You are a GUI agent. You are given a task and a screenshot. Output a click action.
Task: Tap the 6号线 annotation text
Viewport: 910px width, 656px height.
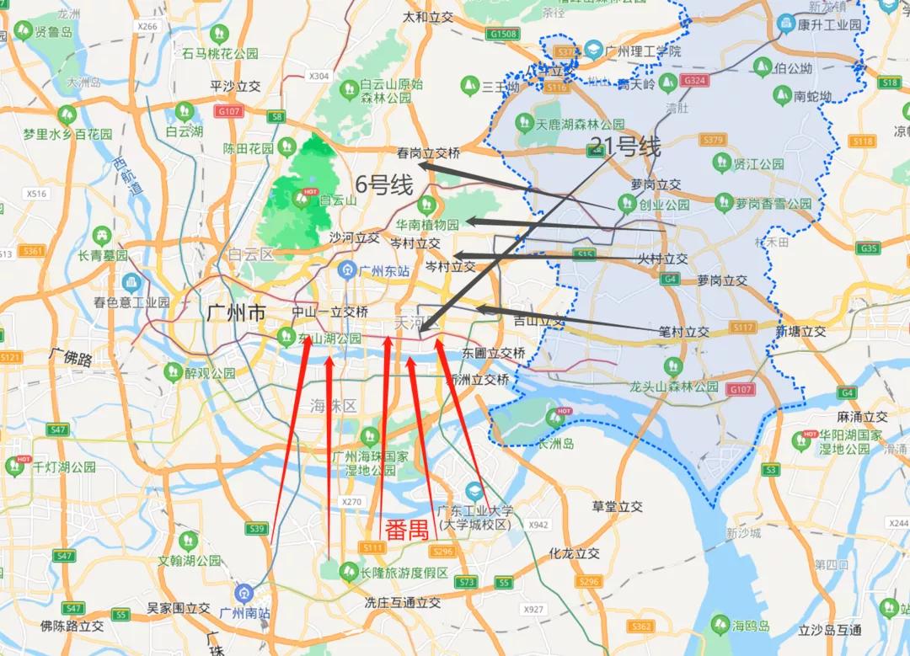coord(385,184)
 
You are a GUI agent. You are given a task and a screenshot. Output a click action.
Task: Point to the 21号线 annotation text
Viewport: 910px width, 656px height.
coord(626,147)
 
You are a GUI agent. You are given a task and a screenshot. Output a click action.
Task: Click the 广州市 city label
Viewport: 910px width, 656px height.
coord(236,313)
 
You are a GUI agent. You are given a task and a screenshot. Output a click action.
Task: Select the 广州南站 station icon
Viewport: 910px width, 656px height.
coord(244,592)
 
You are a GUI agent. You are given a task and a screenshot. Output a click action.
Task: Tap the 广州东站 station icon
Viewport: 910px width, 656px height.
coord(345,269)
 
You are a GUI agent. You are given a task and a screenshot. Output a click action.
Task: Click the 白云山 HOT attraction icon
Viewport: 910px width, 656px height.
coord(302,200)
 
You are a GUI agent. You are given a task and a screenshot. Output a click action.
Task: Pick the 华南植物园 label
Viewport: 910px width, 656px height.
coord(428,225)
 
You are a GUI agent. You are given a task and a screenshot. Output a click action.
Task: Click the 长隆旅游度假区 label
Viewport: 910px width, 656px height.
coord(404,573)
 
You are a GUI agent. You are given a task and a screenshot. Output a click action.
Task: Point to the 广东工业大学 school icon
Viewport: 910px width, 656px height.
coord(475,491)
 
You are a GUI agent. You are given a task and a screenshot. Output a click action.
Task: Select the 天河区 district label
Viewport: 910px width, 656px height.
coord(418,323)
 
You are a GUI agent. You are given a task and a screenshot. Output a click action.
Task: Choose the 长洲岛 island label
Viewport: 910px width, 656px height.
coord(556,443)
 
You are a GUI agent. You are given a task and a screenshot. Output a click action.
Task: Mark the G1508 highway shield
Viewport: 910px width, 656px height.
coord(502,35)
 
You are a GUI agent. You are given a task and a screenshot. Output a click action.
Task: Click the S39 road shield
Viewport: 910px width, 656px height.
coord(258,529)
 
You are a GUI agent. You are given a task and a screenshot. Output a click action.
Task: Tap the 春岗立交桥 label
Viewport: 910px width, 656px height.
coord(429,153)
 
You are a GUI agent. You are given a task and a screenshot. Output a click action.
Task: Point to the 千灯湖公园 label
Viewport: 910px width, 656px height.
coord(63,467)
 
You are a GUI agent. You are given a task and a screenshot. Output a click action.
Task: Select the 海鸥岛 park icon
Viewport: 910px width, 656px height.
coord(720,624)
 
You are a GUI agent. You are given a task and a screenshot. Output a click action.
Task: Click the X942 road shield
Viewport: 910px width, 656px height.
coord(538,525)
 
